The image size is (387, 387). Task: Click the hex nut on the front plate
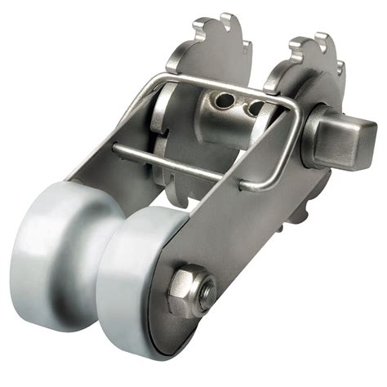pyautogui.click(x=190, y=291)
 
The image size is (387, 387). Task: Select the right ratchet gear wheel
pyautogui.click(x=314, y=65)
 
